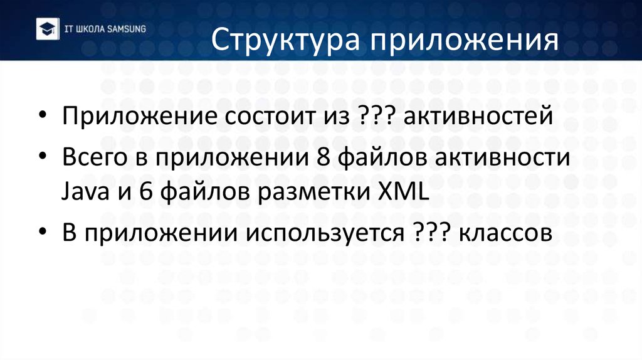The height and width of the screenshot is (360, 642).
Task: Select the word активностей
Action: [x=478, y=117]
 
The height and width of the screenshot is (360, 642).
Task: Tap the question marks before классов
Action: [x=433, y=232]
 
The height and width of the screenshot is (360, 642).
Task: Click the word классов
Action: [x=506, y=232]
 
